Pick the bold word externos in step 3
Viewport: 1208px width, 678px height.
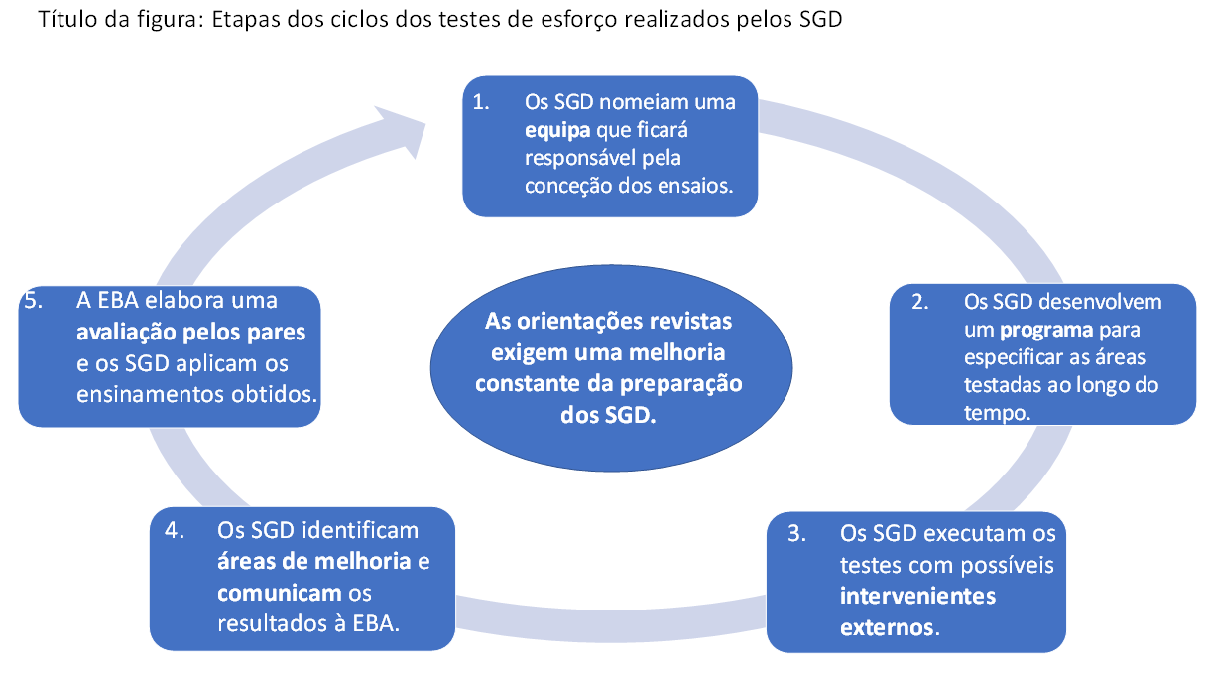coord(886,627)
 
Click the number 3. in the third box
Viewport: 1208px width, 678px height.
coord(796,534)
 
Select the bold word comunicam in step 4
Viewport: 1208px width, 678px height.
coord(277,594)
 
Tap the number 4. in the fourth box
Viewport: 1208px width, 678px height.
coord(177,530)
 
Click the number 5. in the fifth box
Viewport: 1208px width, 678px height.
coord(36,300)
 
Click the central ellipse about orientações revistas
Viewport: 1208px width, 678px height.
coord(609,368)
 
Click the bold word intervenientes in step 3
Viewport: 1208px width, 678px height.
coord(917,596)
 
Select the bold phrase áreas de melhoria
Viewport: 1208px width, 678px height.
coord(314,562)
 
